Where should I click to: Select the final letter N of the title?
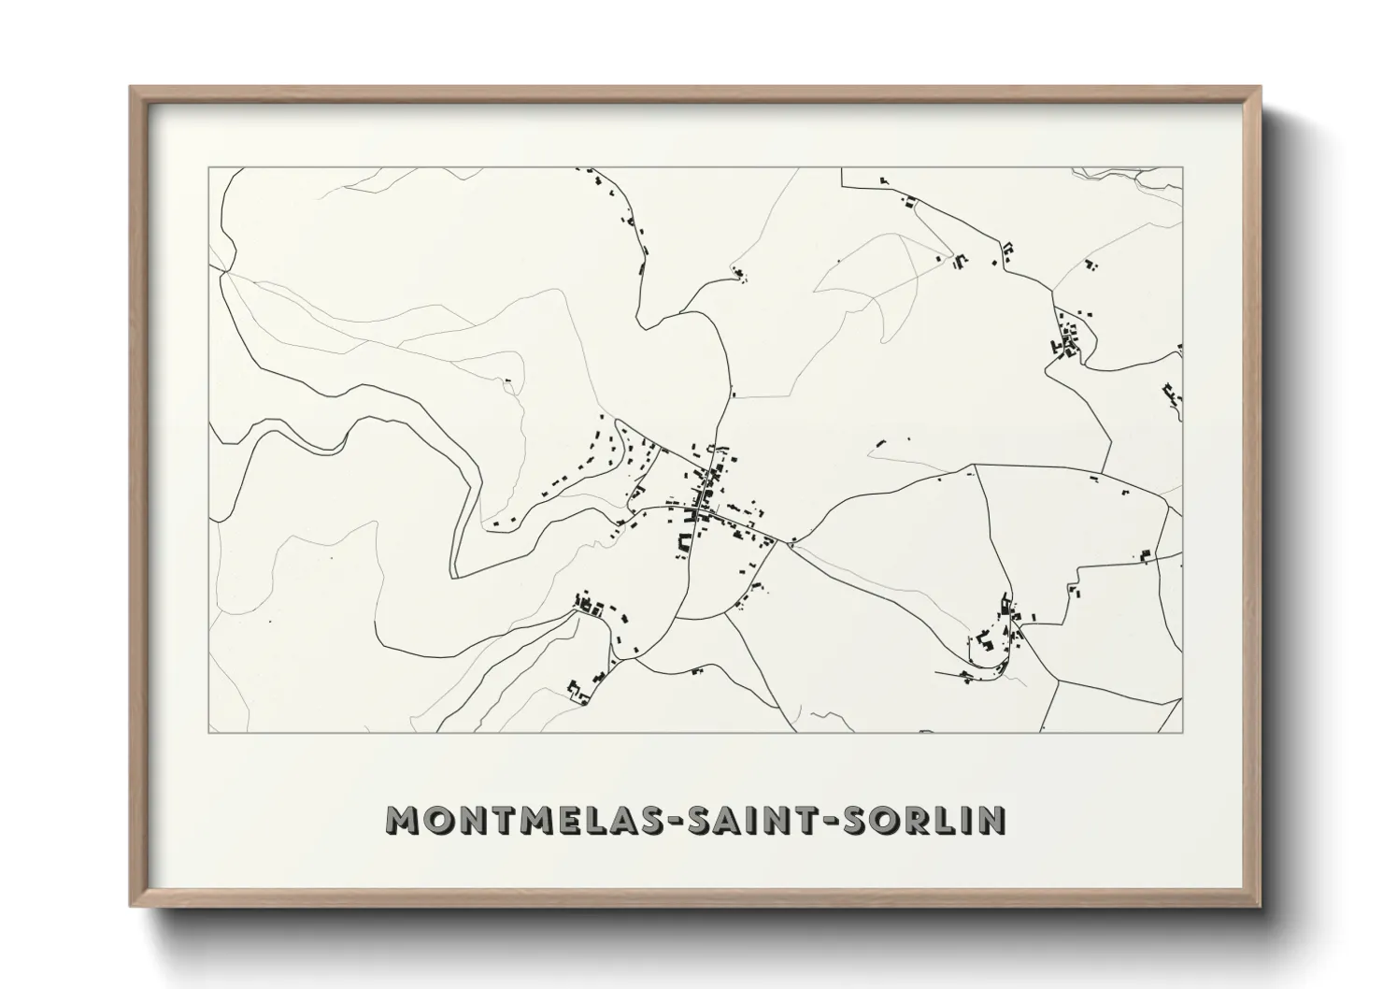(991, 820)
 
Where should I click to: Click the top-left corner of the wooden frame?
(131, 87)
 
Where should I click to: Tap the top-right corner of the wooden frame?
(1260, 87)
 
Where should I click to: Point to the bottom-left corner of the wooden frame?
(131, 906)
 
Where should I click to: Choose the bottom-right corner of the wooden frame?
(1260, 906)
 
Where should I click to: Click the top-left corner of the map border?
(208, 168)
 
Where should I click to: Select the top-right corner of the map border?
(1183, 168)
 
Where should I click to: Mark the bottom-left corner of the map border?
(208, 732)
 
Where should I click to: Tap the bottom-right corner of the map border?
(1183, 732)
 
